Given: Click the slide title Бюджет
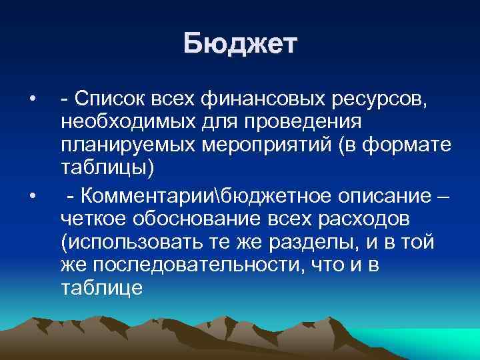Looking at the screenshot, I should (240, 45).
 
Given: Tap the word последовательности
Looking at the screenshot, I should (217, 264).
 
